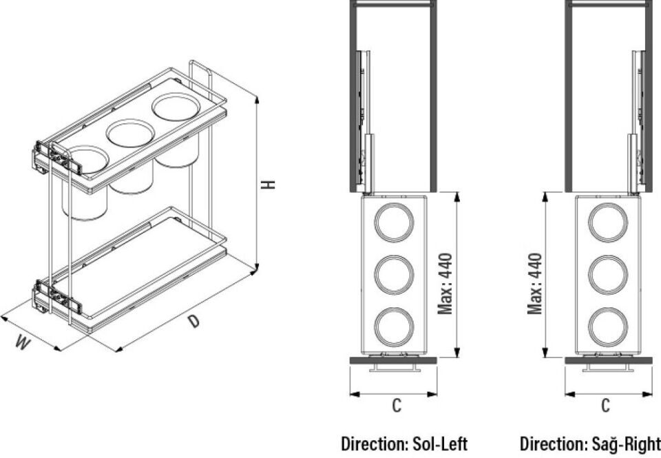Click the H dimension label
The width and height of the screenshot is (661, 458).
[268, 185]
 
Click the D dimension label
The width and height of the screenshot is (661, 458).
[193, 322]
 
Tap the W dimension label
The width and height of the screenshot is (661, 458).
[23, 342]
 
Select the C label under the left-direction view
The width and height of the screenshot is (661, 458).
[397, 405]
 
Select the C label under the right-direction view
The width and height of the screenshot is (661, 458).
[605, 405]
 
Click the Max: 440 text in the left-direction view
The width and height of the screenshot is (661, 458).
[445, 283]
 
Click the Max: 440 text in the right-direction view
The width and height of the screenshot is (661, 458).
[534, 283]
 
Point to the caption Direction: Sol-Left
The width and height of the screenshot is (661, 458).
[404, 444]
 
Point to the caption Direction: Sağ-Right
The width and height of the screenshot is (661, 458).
[590, 444]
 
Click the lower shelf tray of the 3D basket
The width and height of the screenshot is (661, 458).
[139, 266]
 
